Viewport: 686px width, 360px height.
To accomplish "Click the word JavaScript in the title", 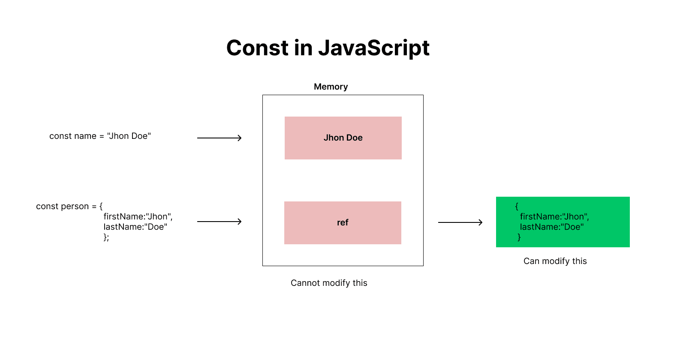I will click(x=373, y=48).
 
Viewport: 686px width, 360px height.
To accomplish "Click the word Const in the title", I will click(x=257, y=48).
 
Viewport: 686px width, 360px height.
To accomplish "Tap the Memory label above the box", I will click(x=331, y=87).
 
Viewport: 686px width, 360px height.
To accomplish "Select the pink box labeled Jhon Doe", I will click(x=343, y=138).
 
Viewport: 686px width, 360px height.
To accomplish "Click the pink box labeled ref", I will click(x=343, y=223).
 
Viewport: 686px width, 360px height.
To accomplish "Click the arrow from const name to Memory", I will click(x=219, y=138).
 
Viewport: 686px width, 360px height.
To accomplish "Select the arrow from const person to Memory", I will click(x=219, y=222).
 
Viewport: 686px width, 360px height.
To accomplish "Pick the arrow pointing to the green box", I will click(x=460, y=222).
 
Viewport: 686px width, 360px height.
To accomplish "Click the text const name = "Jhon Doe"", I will click(x=100, y=136).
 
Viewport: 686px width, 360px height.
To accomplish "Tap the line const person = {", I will click(x=69, y=207).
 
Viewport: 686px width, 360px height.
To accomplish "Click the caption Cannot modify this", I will click(x=329, y=283).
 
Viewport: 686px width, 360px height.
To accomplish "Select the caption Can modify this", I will click(x=555, y=261).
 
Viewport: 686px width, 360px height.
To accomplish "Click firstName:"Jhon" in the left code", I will click(x=138, y=217).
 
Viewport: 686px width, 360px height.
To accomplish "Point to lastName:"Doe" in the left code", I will click(x=135, y=227).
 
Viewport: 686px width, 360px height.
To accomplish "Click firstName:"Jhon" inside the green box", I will click(x=554, y=217).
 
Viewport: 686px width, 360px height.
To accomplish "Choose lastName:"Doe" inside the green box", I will click(x=551, y=227).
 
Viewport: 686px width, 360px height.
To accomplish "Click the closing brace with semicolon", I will click(x=106, y=237).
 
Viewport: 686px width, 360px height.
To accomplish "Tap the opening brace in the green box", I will click(x=517, y=207).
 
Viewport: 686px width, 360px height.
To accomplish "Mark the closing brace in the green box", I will click(x=519, y=237).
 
